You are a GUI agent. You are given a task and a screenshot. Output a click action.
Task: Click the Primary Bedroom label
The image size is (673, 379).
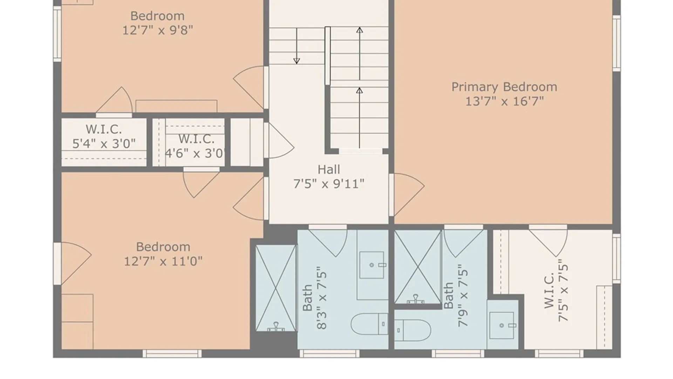[504, 87]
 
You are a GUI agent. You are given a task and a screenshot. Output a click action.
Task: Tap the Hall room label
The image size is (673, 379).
[328, 169]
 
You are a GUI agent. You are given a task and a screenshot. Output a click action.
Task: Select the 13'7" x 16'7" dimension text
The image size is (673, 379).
[504, 101]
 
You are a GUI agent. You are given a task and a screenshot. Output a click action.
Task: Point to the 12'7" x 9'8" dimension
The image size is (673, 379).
[157, 30]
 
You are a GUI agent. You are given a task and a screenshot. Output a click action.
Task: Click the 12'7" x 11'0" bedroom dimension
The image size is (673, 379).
[163, 261]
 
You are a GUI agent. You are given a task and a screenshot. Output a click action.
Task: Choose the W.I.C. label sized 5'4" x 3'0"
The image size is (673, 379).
[104, 129]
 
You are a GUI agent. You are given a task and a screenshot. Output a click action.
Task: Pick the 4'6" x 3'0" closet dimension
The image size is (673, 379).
[195, 153]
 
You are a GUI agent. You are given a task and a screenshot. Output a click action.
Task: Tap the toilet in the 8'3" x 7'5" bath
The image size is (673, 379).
[369, 324]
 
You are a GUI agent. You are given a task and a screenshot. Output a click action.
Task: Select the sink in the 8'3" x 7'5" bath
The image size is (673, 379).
[372, 265]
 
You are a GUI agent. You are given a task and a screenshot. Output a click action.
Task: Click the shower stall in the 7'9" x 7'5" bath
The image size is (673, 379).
[417, 267]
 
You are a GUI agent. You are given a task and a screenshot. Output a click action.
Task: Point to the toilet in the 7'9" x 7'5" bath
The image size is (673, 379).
[413, 330]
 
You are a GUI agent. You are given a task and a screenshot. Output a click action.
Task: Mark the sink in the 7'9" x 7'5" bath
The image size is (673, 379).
[502, 325]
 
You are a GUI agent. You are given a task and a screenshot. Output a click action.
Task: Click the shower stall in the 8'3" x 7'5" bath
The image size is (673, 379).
[276, 288]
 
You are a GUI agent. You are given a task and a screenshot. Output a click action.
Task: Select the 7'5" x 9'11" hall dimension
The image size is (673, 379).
[328, 184]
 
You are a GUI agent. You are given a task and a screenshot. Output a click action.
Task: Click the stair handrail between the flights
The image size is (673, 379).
[327, 56]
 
